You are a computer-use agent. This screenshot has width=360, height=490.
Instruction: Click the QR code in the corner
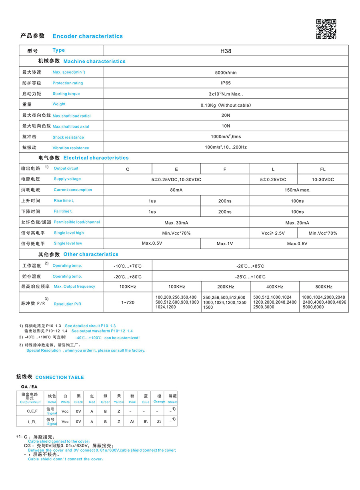[x=326, y=29]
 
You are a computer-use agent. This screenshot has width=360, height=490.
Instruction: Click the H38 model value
[x=226, y=51]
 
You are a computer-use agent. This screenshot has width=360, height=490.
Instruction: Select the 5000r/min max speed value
[x=226, y=73]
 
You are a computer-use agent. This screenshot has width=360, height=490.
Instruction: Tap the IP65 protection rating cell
[x=226, y=83]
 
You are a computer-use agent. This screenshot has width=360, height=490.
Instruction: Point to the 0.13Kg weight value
[x=226, y=105]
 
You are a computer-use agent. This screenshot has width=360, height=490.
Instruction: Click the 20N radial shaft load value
[x=226, y=115]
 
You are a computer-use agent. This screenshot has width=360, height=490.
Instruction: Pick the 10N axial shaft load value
[x=226, y=126]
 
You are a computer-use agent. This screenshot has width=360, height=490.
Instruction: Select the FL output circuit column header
[x=322, y=169]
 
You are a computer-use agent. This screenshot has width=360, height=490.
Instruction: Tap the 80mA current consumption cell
[x=176, y=190]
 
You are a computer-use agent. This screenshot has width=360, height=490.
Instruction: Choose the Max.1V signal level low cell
[x=224, y=244]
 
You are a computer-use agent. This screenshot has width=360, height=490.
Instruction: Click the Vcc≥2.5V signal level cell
[x=273, y=233]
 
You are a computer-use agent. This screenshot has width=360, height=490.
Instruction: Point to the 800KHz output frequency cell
[x=323, y=287]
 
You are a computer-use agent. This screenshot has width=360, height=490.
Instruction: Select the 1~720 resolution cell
[x=128, y=302]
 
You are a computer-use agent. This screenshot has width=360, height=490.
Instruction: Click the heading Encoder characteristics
[x=88, y=36]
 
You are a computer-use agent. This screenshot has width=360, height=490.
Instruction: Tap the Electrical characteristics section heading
[x=96, y=158]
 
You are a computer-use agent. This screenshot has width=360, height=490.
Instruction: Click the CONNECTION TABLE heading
[x=60, y=377]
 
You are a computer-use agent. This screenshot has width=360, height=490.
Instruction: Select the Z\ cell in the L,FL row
[x=159, y=422]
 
